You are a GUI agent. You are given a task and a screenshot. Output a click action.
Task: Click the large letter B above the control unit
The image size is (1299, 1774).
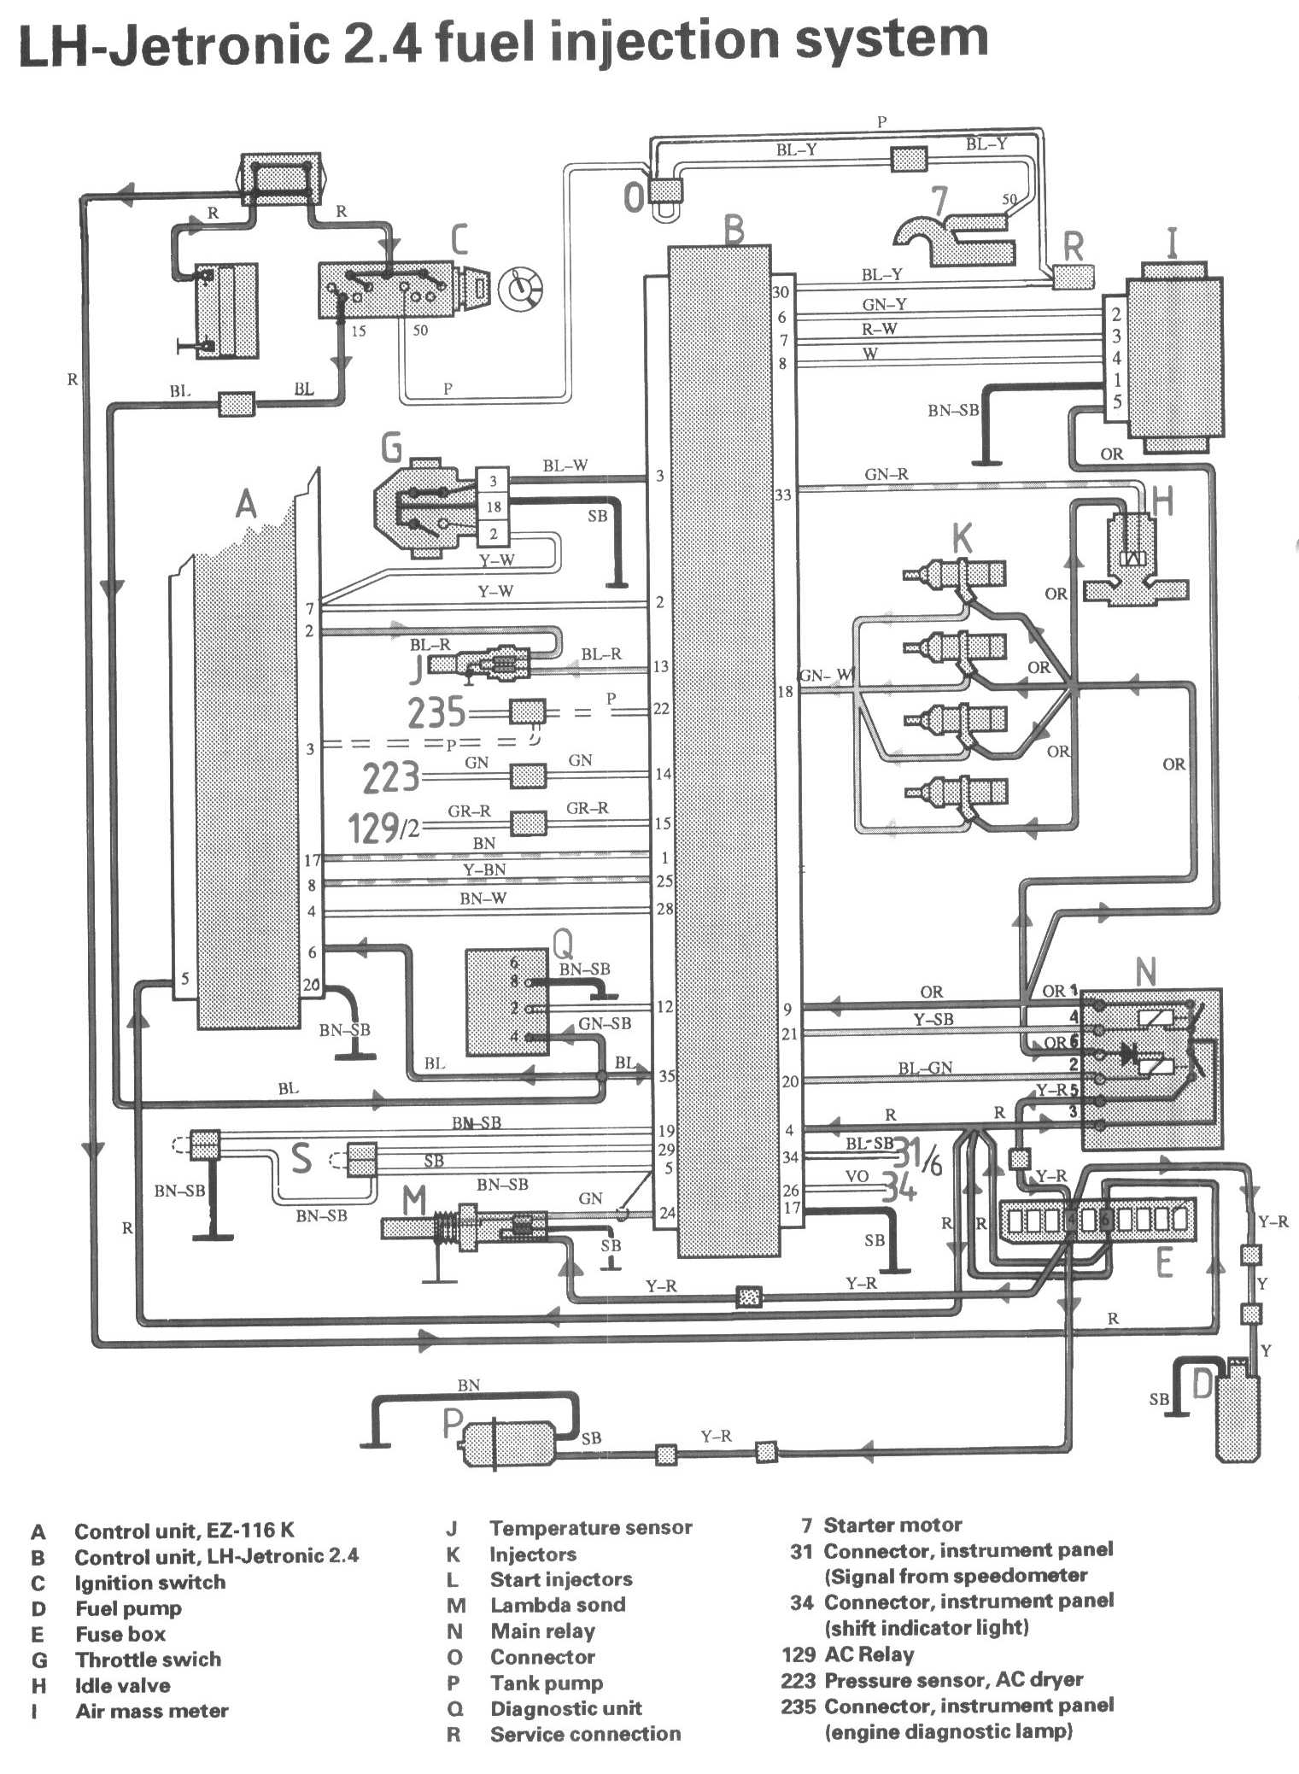733,230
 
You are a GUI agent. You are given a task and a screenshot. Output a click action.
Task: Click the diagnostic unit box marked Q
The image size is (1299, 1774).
506,1001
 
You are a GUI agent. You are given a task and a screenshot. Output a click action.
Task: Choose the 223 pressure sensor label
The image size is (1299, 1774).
390,777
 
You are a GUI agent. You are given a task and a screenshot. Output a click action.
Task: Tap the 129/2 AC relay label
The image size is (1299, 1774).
384,827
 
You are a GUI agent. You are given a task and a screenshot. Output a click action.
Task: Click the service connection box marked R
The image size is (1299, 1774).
1071,276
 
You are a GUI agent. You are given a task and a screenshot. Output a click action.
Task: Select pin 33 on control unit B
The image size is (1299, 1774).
782,495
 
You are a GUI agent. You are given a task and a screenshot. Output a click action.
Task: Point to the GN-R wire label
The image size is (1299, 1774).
886,475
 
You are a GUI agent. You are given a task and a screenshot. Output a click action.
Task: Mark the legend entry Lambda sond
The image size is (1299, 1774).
557,1604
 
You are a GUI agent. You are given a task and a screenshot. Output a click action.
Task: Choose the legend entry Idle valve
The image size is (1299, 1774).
122,1685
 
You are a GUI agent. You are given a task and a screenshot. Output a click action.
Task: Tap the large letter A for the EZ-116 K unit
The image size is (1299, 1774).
246,504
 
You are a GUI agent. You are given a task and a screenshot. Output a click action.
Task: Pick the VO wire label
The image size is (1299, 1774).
857,1176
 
